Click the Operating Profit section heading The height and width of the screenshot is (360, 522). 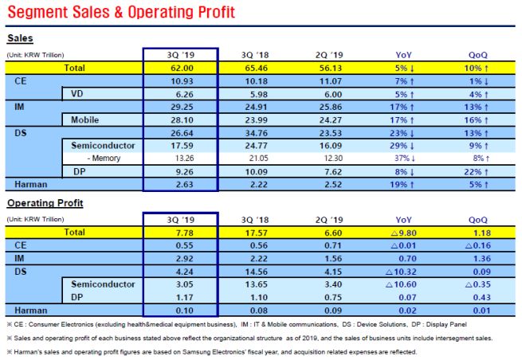coord(44,204)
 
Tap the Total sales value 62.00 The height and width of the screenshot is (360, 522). coord(180,68)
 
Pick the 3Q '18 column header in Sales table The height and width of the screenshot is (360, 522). coord(255,54)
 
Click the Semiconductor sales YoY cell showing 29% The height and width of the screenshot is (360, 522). coord(405,145)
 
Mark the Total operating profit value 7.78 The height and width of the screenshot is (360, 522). coord(180,233)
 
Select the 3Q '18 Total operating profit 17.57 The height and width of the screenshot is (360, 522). coord(255,233)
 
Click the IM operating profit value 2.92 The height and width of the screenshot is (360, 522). coord(180,258)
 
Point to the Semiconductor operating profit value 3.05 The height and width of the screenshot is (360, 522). coord(180,283)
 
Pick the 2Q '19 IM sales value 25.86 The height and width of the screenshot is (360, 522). coord(328,107)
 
